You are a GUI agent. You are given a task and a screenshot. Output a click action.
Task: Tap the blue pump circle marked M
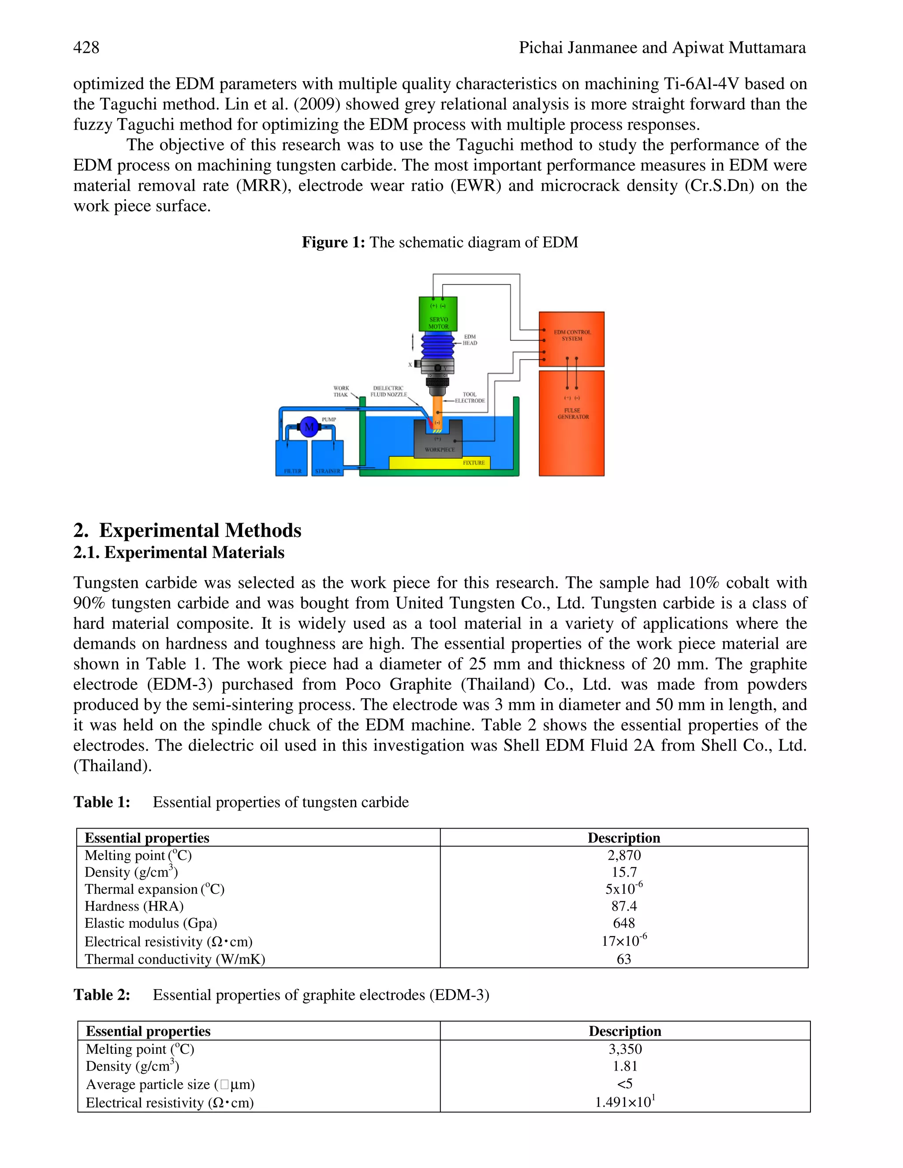[309, 427]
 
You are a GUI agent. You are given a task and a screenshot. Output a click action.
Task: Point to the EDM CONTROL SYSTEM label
[572, 335]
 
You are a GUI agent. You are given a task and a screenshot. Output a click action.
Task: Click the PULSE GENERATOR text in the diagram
[572, 413]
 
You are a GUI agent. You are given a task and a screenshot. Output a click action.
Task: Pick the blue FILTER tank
[291, 458]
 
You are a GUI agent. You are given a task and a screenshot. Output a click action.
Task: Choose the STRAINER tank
[327, 458]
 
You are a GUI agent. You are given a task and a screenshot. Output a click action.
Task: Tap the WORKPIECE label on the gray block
[440, 450]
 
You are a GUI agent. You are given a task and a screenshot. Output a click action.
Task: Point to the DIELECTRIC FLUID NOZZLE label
[388, 391]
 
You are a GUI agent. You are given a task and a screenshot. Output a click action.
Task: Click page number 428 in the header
[86, 48]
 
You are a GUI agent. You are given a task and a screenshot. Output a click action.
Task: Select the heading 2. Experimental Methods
[187, 531]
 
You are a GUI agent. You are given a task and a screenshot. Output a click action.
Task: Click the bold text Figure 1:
[333, 242]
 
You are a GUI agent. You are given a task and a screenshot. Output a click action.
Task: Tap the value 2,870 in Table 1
[624, 855]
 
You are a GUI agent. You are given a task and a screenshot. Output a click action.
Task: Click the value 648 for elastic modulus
[624, 923]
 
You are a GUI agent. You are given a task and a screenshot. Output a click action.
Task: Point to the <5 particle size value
[625, 1083]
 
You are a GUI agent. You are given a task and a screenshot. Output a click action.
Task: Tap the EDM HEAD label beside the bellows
[470, 340]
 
